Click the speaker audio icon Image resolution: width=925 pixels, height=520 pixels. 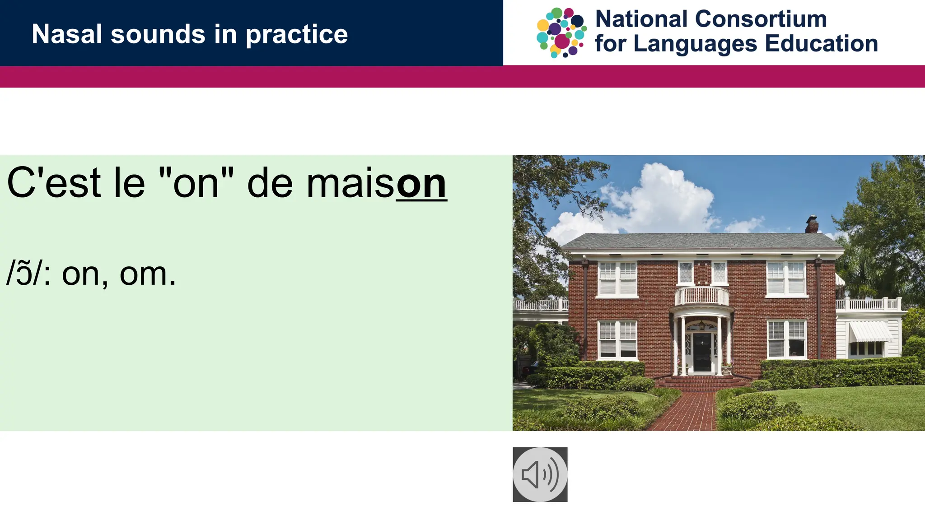pyautogui.click(x=540, y=474)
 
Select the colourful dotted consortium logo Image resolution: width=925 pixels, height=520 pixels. pyautogui.click(x=561, y=32)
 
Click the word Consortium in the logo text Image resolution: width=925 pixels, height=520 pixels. pyautogui.click(x=761, y=19)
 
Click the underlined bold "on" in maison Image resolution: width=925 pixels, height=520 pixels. pyautogui.click(x=421, y=184)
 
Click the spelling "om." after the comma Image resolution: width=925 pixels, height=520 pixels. pyautogui.click(x=147, y=274)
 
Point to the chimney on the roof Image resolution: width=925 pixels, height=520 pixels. pyautogui.click(x=812, y=224)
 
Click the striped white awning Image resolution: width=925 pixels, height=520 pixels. pyautogui.click(x=869, y=332)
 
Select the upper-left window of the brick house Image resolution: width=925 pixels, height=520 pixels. pyautogui.click(x=617, y=279)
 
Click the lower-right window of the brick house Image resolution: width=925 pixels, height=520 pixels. pyautogui.click(x=786, y=339)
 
